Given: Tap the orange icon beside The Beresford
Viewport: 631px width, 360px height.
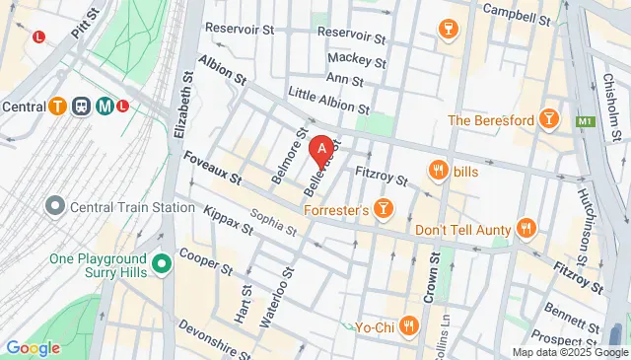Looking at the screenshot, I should tap(550, 120).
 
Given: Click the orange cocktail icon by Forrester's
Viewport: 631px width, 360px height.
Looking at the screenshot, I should tap(385, 209).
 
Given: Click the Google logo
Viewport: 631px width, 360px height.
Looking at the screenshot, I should tap(33, 347).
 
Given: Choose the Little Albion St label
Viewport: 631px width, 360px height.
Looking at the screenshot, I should tap(328, 99).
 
